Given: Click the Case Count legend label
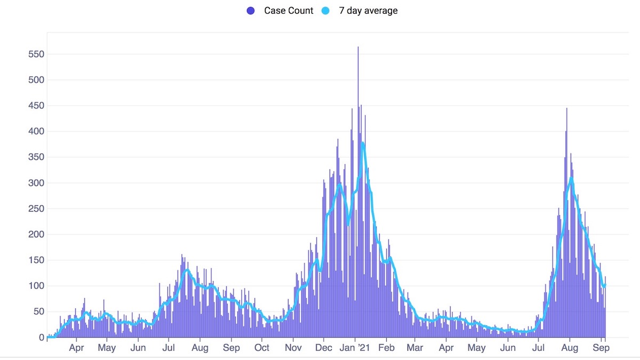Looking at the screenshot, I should pos(289,11).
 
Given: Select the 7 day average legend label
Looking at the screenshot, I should pos(368,11).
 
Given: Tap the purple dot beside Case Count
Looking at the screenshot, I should pos(251,11).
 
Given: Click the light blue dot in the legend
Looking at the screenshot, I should pos(326,11).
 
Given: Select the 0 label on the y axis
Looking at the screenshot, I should pos(41,338).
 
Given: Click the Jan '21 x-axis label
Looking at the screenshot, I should pos(355,348).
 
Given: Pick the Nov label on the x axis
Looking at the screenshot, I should pos(293,348).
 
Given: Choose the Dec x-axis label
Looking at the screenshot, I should pos(324,348).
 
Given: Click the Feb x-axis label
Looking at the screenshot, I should pos(386,348).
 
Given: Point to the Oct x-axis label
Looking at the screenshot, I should pos(262,348).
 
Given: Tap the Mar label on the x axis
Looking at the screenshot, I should pos(415,348).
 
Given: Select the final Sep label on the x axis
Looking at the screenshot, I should pos(602,348).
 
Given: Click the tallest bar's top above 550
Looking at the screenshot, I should pos(358,47).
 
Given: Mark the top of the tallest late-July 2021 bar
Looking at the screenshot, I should pos(566,109).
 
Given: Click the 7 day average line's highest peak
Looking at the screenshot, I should pos(363,143).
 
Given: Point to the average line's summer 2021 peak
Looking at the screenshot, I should pos(571,178).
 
